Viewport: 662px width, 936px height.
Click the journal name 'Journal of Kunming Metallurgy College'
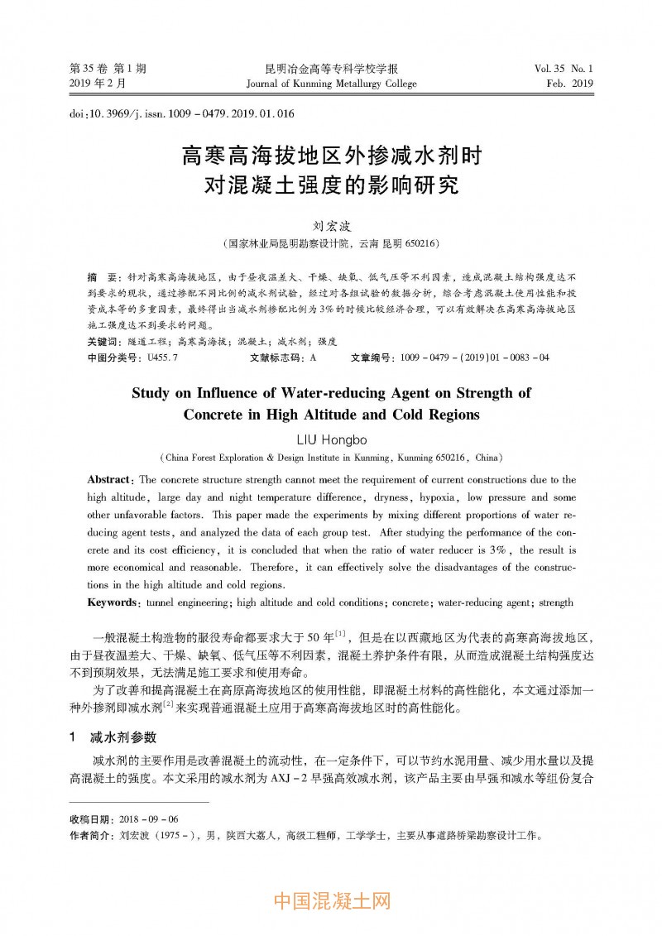pyautogui.click(x=331, y=84)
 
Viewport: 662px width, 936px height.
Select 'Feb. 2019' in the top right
pyautogui.click(x=570, y=84)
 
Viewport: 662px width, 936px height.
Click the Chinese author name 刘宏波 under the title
pyautogui.click(x=331, y=225)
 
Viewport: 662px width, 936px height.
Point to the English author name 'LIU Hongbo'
pyautogui.click(x=331, y=439)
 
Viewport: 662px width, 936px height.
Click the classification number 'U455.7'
pyautogui.click(x=161, y=358)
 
